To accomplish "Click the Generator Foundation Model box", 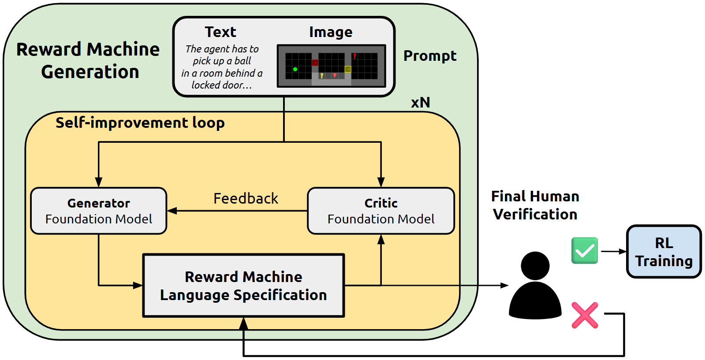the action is coord(98,211).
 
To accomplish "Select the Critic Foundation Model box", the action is coord(381,211).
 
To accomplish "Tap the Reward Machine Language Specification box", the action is coord(244,286).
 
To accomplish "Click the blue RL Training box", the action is coord(664,252).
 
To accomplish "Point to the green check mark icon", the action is coord(585,251).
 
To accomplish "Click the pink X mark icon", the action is coord(585,315).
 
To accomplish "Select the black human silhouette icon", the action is coord(535,285).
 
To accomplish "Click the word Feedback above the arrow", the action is coord(246,199).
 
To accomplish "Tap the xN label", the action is coord(421,103).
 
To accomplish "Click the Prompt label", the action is coord(430,56).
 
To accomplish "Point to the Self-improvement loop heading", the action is coord(140,122).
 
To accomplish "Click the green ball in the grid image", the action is coord(295,69).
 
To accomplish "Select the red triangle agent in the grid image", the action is coord(335,75).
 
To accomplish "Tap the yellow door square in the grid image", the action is coord(348,69).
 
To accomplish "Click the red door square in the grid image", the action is coord(315,63).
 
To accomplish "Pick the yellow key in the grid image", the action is coord(322,76).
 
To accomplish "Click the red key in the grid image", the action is coord(354,56).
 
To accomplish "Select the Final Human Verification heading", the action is coord(535,205).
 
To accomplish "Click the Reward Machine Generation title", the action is coord(88,60).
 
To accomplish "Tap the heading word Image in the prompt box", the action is coord(331,32).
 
